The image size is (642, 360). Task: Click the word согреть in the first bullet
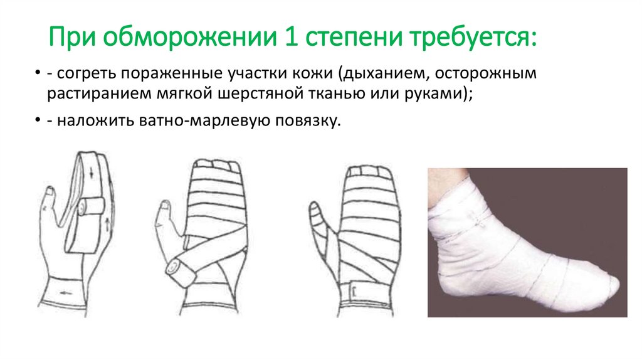click(x=86, y=75)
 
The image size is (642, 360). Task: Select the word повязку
click(x=310, y=120)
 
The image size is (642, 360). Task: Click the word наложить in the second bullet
click(x=89, y=120)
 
